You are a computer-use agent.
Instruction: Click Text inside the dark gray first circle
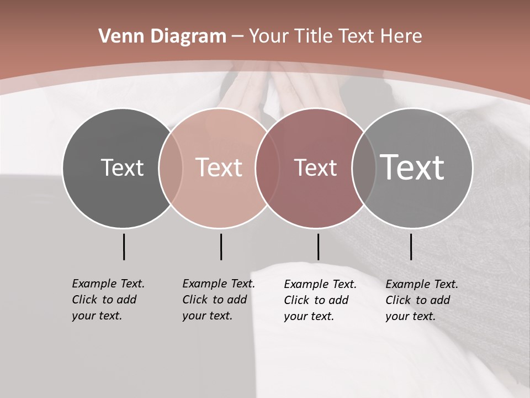point(122,167)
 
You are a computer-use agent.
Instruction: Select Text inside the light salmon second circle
point(219,167)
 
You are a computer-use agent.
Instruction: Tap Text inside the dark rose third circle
point(315,167)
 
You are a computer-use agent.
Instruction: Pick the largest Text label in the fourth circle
point(412,167)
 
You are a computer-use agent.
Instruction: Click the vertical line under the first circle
point(124,247)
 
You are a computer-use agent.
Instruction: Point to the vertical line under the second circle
point(221,247)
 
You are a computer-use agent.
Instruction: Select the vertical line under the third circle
point(318,247)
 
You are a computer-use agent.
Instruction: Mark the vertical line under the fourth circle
point(411,247)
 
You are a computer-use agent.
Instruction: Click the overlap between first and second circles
point(171,168)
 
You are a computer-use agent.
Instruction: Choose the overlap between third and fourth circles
point(363,168)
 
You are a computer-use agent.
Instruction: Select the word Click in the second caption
point(195,300)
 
